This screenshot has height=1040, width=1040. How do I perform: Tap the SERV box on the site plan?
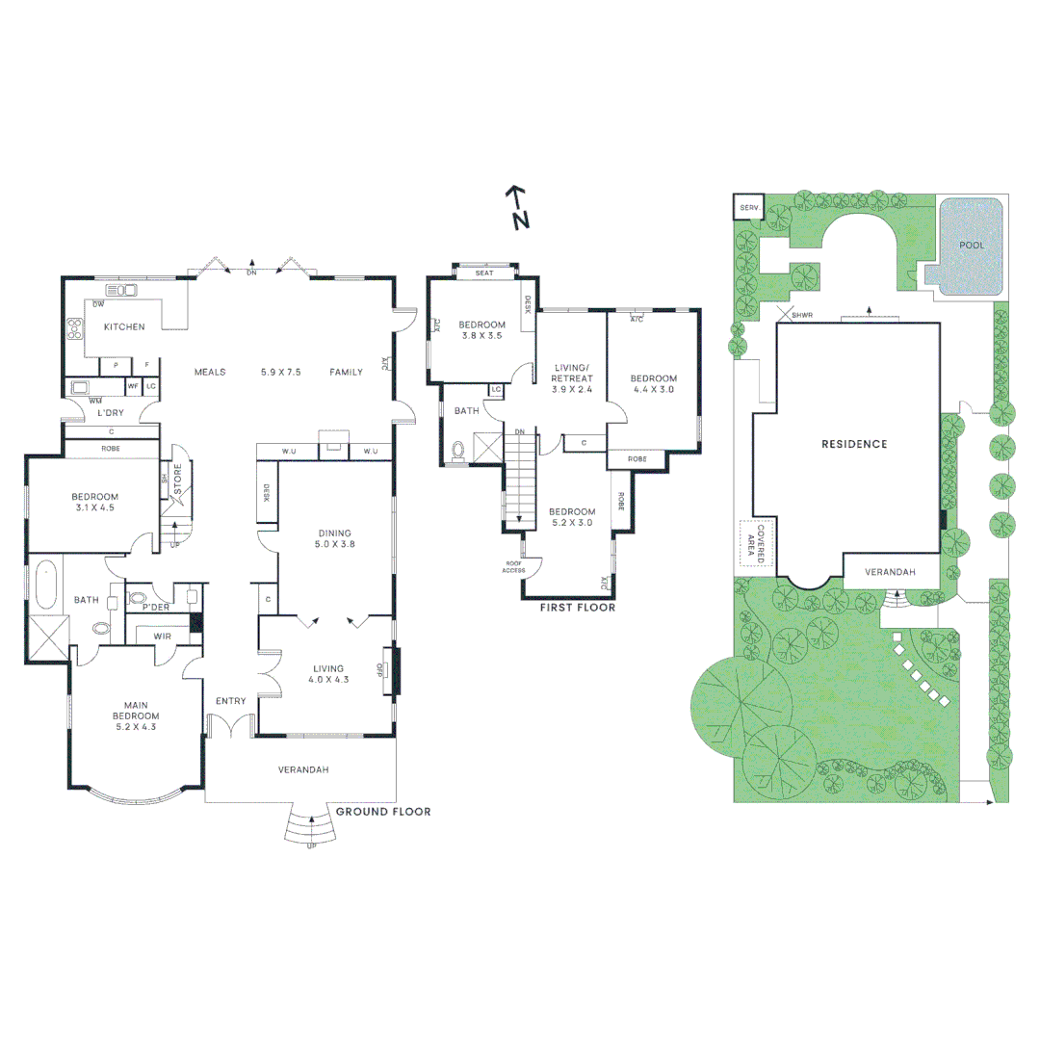pyautogui.click(x=748, y=208)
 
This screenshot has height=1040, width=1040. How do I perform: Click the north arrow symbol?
pyautogui.click(x=518, y=207)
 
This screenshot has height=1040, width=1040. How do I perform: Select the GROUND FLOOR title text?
pyautogui.click(x=382, y=812)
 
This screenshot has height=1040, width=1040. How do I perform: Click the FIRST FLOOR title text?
pyautogui.click(x=579, y=608)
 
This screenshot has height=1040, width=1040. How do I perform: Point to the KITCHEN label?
pyautogui.click(x=124, y=326)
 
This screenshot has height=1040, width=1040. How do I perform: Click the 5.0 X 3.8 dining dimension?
pyautogui.click(x=335, y=543)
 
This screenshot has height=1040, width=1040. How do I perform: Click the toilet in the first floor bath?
pyautogui.click(x=458, y=449)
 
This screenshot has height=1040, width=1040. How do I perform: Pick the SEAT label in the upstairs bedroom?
pyautogui.click(x=484, y=273)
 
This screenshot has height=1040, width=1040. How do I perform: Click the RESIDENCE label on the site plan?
pyautogui.click(x=853, y=444)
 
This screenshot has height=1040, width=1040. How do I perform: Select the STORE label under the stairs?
pyautogui.click(x=177, y=482)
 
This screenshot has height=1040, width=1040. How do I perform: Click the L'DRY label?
pyautogui.click(x=110, y=412)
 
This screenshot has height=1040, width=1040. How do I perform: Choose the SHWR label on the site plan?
pyautogui.click(x=801, y=315)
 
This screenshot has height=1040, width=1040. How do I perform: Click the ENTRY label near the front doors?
pyautogui.click(x=231, y=700)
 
